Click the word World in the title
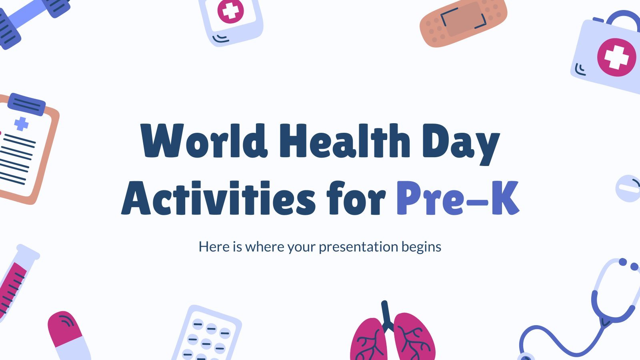click(204, 141)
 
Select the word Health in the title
click(344, 140)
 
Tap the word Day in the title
click(461, 144)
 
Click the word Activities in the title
click(218, 198)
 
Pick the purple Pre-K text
click(458, 198)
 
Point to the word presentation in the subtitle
click(358, 247)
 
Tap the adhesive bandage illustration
click(463, 22)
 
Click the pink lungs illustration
click(393, 334)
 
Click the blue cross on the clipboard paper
click(22, 124)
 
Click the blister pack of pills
click(207, 334)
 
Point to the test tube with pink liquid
click(16, 283)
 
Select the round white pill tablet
click(628, 188)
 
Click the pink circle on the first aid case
click(616, 57)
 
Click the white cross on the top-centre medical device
click(230, 11)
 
